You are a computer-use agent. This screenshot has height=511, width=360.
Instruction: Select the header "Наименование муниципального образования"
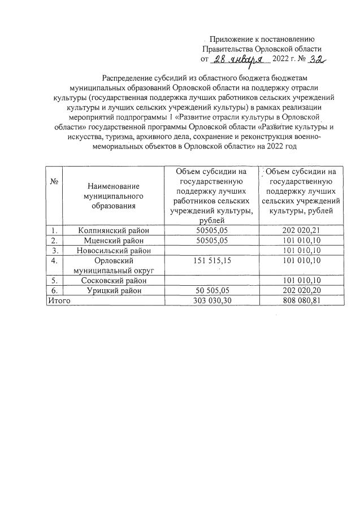114,195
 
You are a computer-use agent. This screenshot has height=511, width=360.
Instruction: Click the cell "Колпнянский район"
114,230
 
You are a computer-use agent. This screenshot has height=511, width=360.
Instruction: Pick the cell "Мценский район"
114,240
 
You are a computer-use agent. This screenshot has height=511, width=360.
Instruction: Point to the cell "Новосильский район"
114,250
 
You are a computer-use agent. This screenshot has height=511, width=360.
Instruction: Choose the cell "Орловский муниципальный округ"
114,265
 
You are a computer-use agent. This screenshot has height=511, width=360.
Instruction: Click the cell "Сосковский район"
114,280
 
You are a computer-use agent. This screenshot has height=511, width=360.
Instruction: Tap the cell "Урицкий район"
114,290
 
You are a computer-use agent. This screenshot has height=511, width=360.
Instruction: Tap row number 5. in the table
54,280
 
